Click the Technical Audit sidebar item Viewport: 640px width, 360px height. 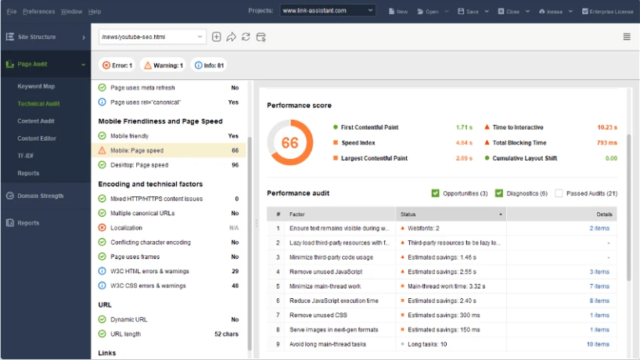(x=38, y=103)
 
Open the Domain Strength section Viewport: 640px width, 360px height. (x=41, y=196)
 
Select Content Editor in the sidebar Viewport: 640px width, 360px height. (x=38, y=139)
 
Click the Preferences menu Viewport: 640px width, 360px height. (x=38, y=12)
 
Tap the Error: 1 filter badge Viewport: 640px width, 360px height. (x=117, y=66)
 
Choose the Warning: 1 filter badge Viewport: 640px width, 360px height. (x=163, y=66)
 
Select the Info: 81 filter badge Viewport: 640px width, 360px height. (x=209, y=66)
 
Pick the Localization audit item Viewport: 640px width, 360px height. (x=126, y=228)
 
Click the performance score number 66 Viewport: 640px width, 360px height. (x=289, y=143)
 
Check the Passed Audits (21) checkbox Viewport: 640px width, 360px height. (x=559, y=193)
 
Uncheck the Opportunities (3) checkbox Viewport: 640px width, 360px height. (x=436, y=193)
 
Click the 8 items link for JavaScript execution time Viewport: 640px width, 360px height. (x=599, y=301)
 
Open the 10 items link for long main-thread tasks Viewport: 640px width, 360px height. (x=598, y=344)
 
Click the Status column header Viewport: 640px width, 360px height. (x=451, y=214)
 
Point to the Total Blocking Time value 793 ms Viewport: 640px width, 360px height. (x=606, y=143)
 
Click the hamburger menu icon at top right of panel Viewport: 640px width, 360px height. (x=627, y=37)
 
